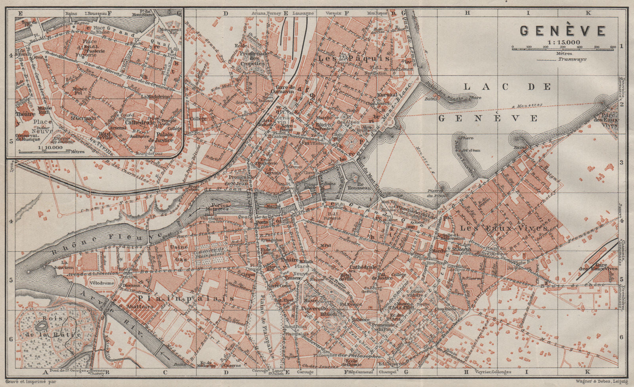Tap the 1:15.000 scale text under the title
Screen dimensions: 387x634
563,42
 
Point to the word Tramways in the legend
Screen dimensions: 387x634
572,59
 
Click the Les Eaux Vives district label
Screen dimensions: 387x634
503,229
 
